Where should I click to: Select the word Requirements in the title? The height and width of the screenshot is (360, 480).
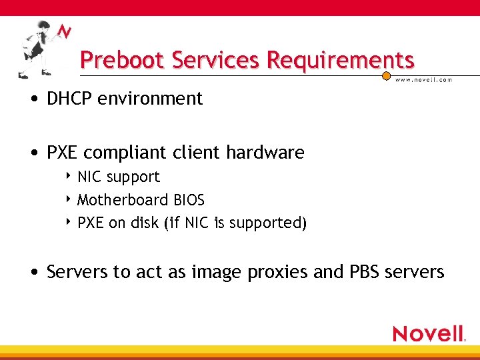click(340, 61)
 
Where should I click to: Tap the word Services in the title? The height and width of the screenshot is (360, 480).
click(216, 61)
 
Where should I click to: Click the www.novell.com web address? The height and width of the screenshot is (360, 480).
click(424, 80)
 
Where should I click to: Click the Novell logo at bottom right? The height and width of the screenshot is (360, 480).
click(429, 333)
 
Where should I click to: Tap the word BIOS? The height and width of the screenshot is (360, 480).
click(189, 200)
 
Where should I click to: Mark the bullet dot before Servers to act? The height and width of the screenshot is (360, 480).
click(33, 273)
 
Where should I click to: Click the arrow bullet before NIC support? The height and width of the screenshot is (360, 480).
click(69, 177)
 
